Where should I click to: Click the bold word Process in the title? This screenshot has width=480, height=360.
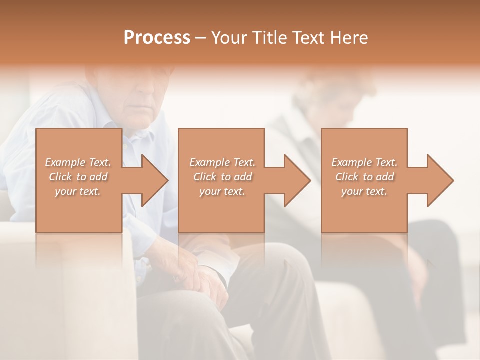pyautogui.click(x=157, y=37)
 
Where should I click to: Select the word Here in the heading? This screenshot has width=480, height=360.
pyautogui.click(x=348, y=37)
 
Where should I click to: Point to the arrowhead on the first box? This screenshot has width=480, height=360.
pyautogui.click(x=153, y=180)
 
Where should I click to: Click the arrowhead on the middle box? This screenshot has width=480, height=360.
pyautogui.click(x=295, y=180)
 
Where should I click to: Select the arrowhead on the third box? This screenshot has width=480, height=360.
pyautogui.click(x=438, y=180)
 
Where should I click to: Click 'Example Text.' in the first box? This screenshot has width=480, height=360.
pyautogui.click(x=78, y=162)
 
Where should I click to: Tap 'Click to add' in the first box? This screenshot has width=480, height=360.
pyautogui.click(x=78, y=177)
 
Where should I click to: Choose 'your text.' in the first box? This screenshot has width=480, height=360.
pyautogui.click(x=78, y=191)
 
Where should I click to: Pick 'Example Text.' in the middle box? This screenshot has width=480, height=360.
pyautogui.click(x=222, y=162)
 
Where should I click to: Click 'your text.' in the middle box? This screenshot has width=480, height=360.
pyautogui.click(x=222, y=191)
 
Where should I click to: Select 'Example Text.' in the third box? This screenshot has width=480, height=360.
pyautogui.click(x=364, y=162)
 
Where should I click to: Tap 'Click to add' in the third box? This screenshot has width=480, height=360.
pyautogui.click(x=364, y=177)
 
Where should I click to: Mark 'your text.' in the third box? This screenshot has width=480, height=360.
pyautogui.click(x=364, y=191)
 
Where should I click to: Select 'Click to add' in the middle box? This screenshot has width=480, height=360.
pyautogui.click(x=222, y=177)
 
